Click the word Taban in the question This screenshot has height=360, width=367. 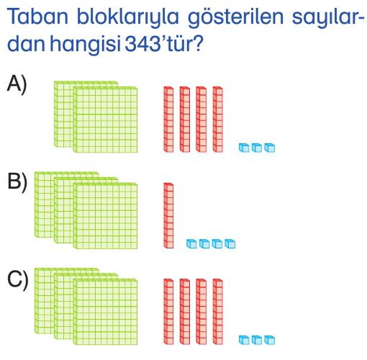(x=38, y=17)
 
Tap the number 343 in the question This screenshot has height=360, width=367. (x=142, y=44)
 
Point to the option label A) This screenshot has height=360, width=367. (x=17, y=84)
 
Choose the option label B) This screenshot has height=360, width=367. (x=17, y=182)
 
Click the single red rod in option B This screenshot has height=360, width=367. (x=168, y=215)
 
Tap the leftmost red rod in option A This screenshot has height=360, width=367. (x=168, y=120)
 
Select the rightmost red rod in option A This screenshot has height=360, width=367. (x=217, y=120)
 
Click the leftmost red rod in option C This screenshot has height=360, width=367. (x=168, y=312)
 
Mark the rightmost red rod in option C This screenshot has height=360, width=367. (x=217, y=312)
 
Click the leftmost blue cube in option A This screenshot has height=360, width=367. (x=244, y=148)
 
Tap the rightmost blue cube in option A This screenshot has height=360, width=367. (x=270, y=148)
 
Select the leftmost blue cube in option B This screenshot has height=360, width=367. (x=191, y=243)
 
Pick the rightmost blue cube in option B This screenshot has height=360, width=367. (x=230, y=243)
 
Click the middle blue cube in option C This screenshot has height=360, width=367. (x=257, y=340)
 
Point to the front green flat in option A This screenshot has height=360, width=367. (x=106, y=120)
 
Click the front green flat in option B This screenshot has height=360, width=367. (x=106, y=216)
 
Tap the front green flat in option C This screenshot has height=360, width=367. (x=106, y=312)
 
